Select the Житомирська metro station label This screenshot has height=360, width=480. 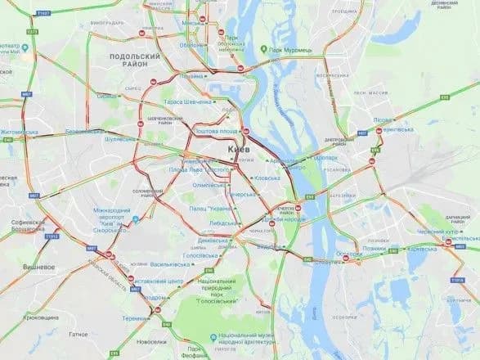pos(25,131)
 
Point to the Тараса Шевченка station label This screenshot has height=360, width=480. pos(187,102)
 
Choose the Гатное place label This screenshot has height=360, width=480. pos(79,334)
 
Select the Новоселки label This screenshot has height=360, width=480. pos(152,342)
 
